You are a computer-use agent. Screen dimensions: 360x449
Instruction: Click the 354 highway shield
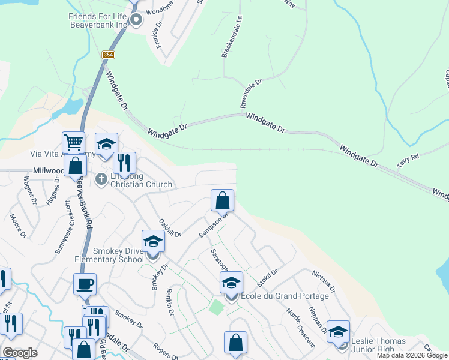[108, 55]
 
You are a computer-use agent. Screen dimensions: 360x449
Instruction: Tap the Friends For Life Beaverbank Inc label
[98, 20]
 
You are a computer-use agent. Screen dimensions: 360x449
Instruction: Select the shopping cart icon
[73, 143]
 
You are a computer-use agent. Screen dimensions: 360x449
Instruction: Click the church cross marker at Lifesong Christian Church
[101, 178]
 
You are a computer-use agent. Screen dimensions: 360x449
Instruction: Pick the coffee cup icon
[85, 284]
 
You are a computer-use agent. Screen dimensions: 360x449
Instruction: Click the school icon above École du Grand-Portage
[231, 282]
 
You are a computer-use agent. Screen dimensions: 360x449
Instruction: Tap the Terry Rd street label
[407, 160]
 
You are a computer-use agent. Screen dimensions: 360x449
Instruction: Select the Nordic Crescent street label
[300, 327]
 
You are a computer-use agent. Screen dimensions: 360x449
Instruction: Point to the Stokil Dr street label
[267, 277]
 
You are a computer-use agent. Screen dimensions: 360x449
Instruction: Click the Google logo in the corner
[20, 353]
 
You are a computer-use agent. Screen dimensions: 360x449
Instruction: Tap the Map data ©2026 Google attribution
[412, 355]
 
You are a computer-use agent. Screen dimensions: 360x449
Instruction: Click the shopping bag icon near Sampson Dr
[222, 200]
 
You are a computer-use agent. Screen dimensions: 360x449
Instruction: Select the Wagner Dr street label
[29, 190]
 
